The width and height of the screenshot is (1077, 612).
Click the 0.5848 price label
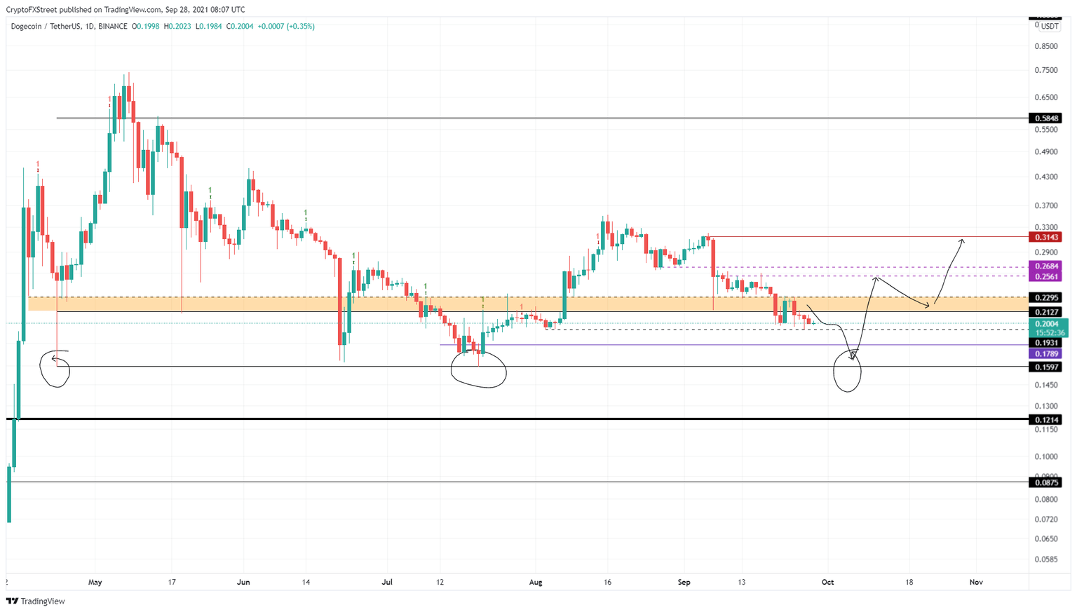click(x=1045, y=118)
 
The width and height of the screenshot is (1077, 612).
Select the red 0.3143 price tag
click(x=1045, y=237)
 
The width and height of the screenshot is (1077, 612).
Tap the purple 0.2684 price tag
click(x=1045, y=266)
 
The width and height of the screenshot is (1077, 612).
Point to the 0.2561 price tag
click(x=1045, y=277)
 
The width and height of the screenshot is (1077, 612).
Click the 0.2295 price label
click(x=1045, y=298)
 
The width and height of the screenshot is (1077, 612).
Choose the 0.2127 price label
click(x=1045, y=312)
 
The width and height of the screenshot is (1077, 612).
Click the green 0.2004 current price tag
click(x=1046, y=324)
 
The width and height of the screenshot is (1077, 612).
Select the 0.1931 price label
click(x=1045, y=343)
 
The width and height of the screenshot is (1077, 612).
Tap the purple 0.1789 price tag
click(x=1045, y=354)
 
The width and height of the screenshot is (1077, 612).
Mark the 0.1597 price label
click(x=1045, y=367)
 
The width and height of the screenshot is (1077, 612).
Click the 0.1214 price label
click(x=1045, y=420)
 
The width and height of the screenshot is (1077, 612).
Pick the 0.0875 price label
click(x=1045, y=482)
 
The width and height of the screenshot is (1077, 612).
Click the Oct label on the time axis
click(x=827, y=582)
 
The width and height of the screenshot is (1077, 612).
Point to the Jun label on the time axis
click(x=243, y=582)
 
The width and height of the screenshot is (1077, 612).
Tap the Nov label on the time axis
click(x=975, y=582)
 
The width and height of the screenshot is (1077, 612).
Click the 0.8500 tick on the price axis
click(x=1046, y=46)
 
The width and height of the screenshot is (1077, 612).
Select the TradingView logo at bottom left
click(x=36, y=601)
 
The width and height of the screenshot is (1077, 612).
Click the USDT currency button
click(x=1049, y=27)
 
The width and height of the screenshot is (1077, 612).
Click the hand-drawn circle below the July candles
click(x=478, y=370)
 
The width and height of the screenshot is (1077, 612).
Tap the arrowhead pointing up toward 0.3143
click(x=962, y=241)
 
